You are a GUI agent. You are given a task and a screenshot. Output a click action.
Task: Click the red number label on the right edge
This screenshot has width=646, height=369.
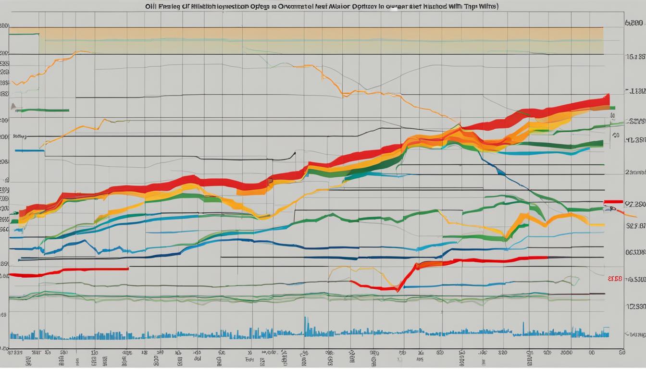(x=615, y=278)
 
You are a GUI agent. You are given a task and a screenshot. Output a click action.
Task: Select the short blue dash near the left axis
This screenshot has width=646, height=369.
(x=29, y=151)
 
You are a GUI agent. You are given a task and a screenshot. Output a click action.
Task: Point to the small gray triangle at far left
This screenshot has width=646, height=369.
(x=13, y=106)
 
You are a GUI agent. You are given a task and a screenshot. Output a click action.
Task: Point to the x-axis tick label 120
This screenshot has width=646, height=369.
(x=95, y=352)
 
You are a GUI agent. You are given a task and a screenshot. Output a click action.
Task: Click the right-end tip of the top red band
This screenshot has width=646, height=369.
(x=608, y=99)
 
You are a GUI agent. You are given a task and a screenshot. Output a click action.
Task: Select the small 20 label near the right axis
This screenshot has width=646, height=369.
(x=616, y=136)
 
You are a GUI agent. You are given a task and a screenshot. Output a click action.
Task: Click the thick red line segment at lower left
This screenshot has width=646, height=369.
(x=67, y=271)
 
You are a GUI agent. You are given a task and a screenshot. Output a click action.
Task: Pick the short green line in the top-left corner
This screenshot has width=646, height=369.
(x=24, y=35)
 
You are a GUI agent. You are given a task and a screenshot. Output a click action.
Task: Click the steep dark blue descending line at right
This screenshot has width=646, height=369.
(x=509, y=177)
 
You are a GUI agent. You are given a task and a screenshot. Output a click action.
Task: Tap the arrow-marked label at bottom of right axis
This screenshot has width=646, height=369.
(x=634, y=333)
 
